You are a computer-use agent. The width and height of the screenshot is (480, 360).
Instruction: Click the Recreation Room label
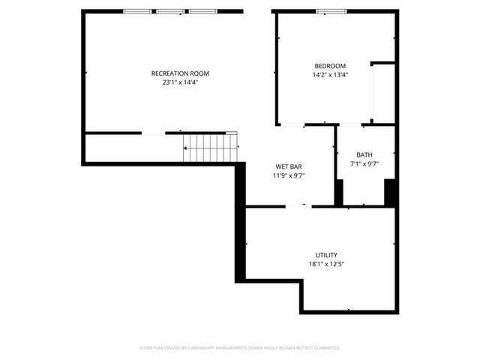(180, 73)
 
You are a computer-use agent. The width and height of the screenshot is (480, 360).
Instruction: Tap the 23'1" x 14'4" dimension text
(180, 82)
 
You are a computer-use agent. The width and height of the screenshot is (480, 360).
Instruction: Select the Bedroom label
(330, 66)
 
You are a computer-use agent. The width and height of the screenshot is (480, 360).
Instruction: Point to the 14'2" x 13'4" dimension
(330, 75)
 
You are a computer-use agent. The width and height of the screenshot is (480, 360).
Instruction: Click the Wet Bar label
(289, 166)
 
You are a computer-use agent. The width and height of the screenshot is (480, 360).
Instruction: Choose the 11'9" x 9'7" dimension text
(289, 175)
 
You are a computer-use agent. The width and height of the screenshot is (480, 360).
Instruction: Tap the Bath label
(364, 155)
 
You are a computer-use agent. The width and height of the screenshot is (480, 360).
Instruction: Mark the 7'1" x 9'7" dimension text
(364, 164)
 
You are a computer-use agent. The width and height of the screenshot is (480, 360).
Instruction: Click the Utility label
(326, 255)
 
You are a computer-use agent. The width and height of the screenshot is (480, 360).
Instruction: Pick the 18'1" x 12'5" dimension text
(326, 264)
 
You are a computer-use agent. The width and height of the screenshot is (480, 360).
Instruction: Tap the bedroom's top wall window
(331, 11)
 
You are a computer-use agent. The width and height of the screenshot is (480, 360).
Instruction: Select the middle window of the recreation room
(170, 11)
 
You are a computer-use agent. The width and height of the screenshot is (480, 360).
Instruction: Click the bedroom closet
(383, 92)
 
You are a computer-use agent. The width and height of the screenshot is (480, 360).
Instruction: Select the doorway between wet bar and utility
(298, 206)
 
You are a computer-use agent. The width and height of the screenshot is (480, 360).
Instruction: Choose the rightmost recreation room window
(202, 11)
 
